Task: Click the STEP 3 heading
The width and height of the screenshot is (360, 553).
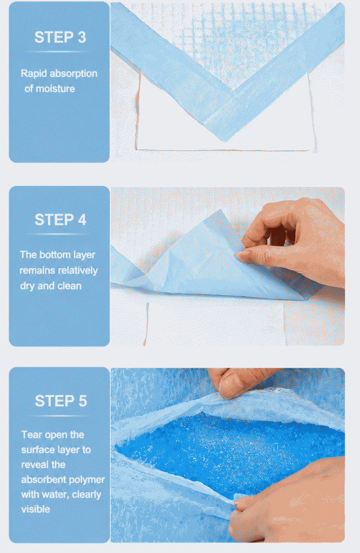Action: [x=60, y=37]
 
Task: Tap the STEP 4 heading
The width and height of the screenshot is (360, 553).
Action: [x=60, y=220]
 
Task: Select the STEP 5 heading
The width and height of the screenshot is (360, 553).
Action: [x=60, y=401]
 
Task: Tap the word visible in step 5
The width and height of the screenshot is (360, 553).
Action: [x=35, y=509]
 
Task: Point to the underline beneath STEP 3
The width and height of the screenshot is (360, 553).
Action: [x=58, y=52]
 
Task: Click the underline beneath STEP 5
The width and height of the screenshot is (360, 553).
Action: [x=59, y=416]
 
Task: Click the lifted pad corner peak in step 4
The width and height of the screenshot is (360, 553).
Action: [x=220, y=211]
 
